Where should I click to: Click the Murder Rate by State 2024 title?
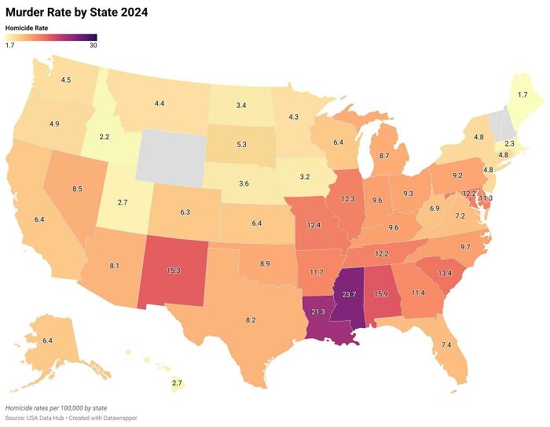click(76, 13)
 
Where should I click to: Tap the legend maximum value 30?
click(93, 46)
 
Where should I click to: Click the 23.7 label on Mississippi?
click(349, 294)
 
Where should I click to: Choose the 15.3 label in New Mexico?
click(173, 271)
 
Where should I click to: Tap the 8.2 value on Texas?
click(251, 320)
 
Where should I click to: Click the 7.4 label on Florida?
click(446, 345)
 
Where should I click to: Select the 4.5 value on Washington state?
click(66, 80)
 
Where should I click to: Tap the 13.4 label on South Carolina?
click(445, 273)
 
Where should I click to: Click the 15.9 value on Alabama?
click(381, 294)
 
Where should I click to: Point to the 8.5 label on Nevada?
click(76, 190)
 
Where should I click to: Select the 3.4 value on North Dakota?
click(241, 105)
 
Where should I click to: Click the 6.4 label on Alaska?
click(47, 340)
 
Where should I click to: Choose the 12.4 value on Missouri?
click(313, 226)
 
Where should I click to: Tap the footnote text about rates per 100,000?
click(56, 409)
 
